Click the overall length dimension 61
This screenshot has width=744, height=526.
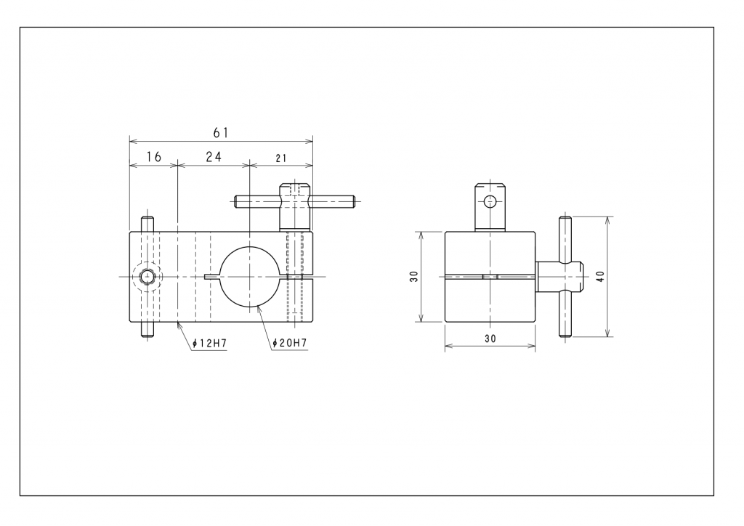pyautogui.click(x=221, y=132)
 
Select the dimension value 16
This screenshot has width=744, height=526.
pyautogui.click(x=153, y=157)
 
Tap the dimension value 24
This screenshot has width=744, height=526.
pyautogui.click(x=213, y=157)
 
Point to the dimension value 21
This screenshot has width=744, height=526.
pyautogui.click(x=280, y=158)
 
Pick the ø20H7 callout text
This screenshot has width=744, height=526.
pyautogui.click(x=289, y=343)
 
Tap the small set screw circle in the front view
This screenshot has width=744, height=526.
pyautogui.click(x=147, y=277)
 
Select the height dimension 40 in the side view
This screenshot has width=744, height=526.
pyautogui.click(x=599, y=277)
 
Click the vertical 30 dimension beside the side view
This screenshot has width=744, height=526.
pyautogui.click(x=413, y=277)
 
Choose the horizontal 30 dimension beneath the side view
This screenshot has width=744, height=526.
pyautogui.click(x=490, y=339)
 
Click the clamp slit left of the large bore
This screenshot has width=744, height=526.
pyautogui.click(x=212, y=277)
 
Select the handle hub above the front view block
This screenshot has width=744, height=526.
pyautogui.click(x=294, y=207)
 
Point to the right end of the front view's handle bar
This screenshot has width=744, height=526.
pyautogui.click(x=352, y=199)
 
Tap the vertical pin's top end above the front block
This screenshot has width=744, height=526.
pyautogui.click(x=147, y=224)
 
